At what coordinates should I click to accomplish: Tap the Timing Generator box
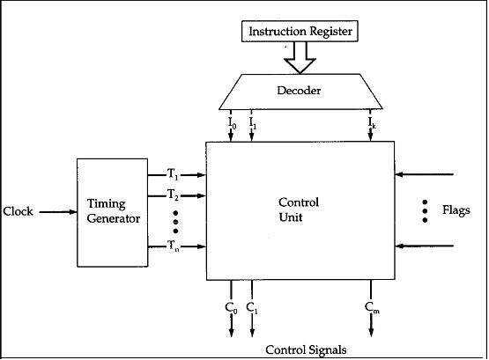point(113,212)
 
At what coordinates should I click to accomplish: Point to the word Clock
point(19,212)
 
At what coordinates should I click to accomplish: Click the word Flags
point(455,210)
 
